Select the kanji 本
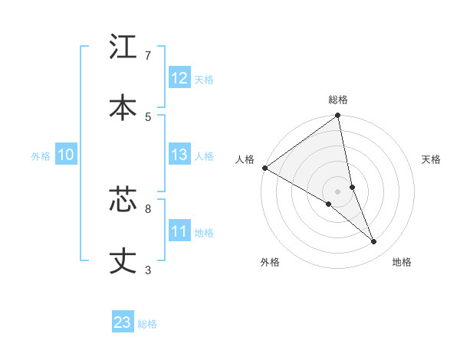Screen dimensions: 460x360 pyautogui.click(x=123, y=107)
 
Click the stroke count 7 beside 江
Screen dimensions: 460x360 pyautogui.click(x=148, y=55)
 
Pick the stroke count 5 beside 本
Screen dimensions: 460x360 pyautogui.click(x=148, y=116)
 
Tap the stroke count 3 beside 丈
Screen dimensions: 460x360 pyautogui.click(x=148, y=270)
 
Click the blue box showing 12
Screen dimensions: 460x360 pyautogui.click(x=179, y=78)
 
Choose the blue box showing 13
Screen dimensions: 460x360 pyautogui.click(x=179, y=155)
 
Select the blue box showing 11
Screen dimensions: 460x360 pyautogui.click(x=179, y=231)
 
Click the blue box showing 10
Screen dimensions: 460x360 pyautogui.click(x=66, y=155)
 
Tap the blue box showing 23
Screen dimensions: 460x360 pyautogui.click(x=123, y=322)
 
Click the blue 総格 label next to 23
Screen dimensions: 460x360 pyautogui.click(x=147, y=324)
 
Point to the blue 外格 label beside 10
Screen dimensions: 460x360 pyautogui.click(x=41, y=156)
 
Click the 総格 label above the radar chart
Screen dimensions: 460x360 pyautogui.click(x=338, y=100)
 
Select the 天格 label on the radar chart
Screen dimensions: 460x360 pyautogui.click(x=432, y=159)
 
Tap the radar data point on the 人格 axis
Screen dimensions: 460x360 pyautogui.click(x=264, y=168)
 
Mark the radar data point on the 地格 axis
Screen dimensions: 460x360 pyautogui.click(x=374, y=242)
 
